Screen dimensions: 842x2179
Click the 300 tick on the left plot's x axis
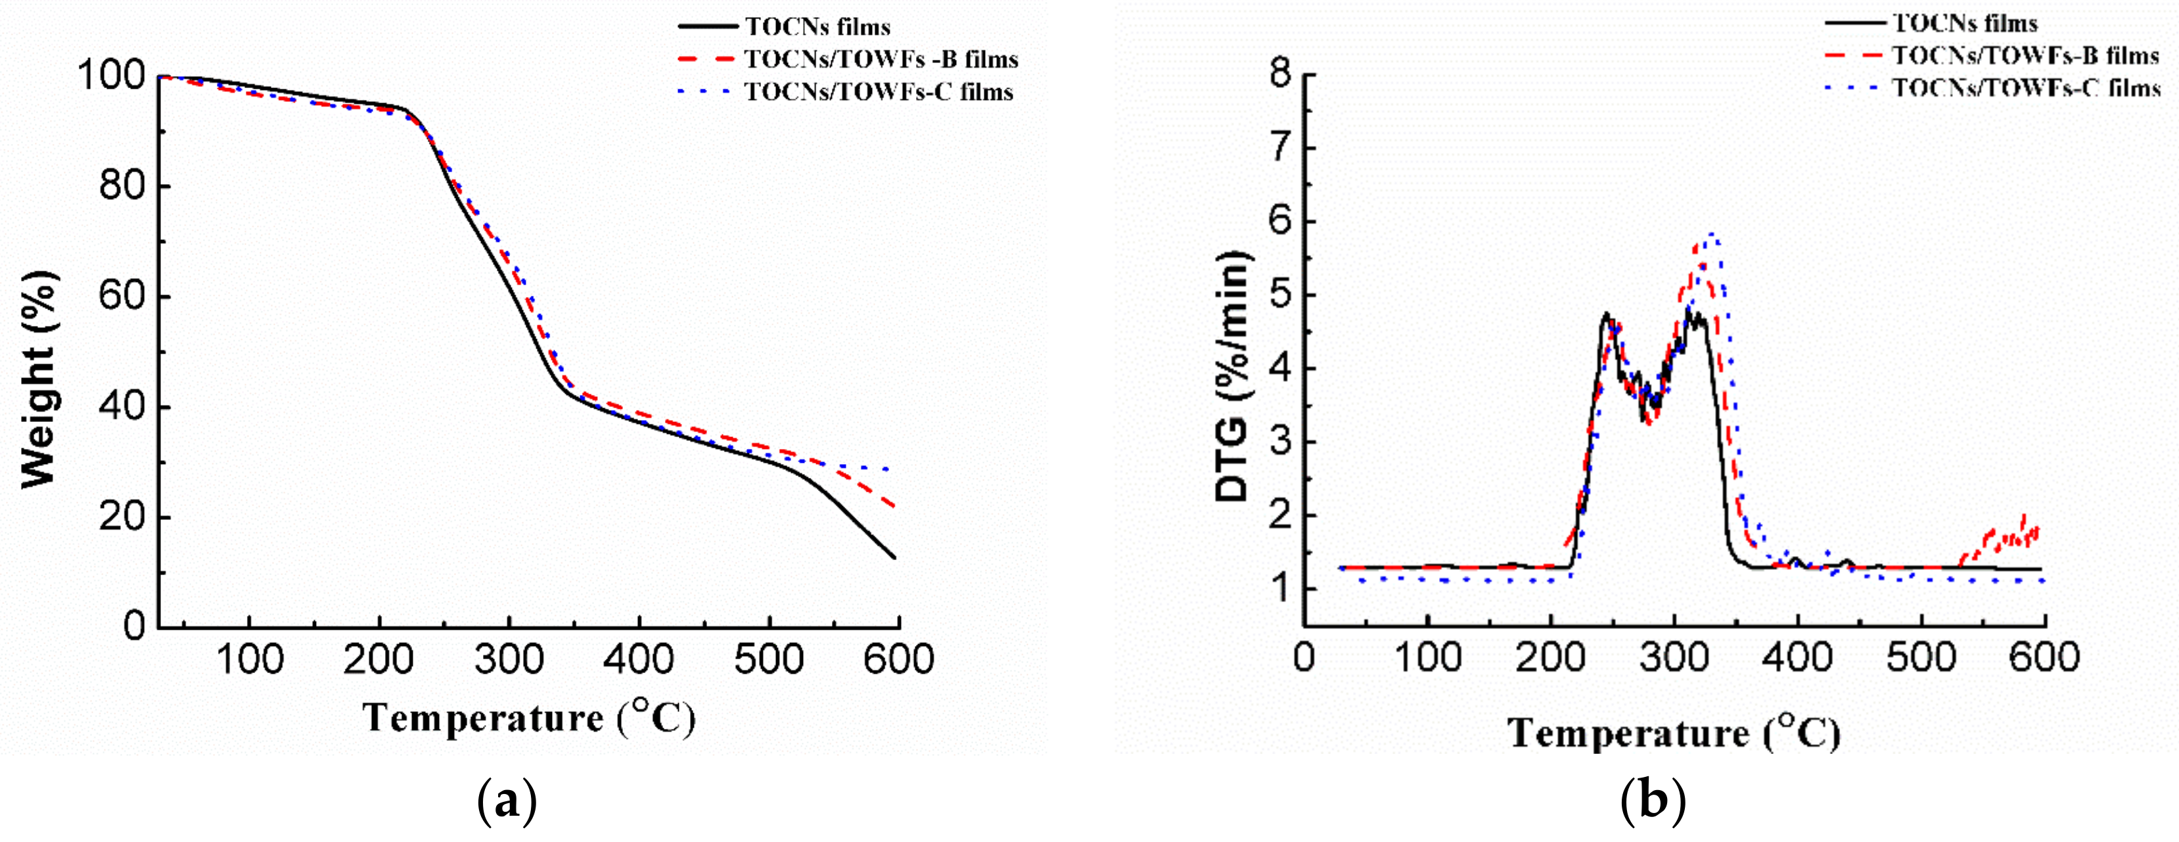point(509,659)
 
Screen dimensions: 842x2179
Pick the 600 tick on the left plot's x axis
point(898,659)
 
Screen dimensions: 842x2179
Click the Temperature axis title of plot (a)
point(530,718)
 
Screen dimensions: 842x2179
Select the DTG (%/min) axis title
point(1231,377)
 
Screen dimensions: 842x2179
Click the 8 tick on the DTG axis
point(1281,74)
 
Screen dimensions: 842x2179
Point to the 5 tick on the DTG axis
point(1281,295)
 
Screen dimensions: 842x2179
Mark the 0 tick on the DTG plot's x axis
point(1305,657)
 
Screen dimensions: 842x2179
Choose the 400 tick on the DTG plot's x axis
point(1799,657)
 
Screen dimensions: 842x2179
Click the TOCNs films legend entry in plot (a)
point(817,27)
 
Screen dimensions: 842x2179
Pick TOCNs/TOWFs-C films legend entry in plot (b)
point(2026,88)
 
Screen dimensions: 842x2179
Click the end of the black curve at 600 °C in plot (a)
point(895,557)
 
